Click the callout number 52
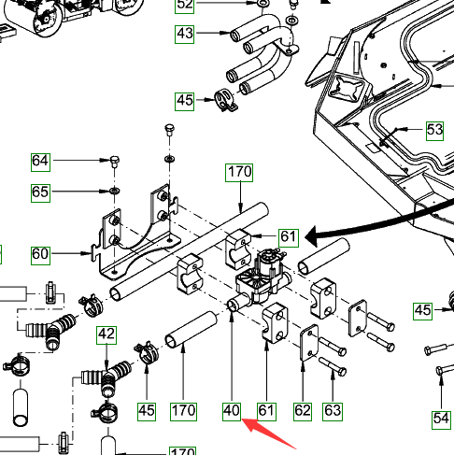pos(184,5)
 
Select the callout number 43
pos(184,34)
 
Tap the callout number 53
pos(434,130)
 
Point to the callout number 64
pos(40,162)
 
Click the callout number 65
pos(40,192)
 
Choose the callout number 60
pos(40,255)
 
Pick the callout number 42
pos(106,335)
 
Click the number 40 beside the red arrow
pos(232,411)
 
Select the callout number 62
pos(303,411)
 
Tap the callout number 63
pos(333,411)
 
